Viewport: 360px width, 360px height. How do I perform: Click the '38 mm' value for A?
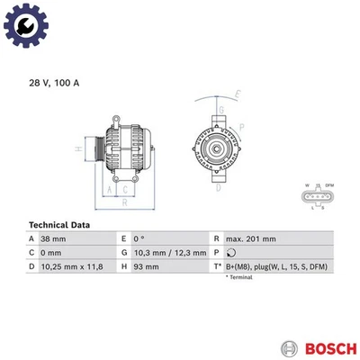(x=53, y=238)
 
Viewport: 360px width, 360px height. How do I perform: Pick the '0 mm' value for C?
(x=49, y=253)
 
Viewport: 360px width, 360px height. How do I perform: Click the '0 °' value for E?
(x=140, y=238)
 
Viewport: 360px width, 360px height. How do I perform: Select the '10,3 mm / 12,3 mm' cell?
(x=169, y=253)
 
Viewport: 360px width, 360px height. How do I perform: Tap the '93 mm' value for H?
(x=145, y=267)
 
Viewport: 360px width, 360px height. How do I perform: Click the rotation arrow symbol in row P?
(x=232, y=253)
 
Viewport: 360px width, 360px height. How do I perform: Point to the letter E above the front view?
(x=238, y=94)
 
